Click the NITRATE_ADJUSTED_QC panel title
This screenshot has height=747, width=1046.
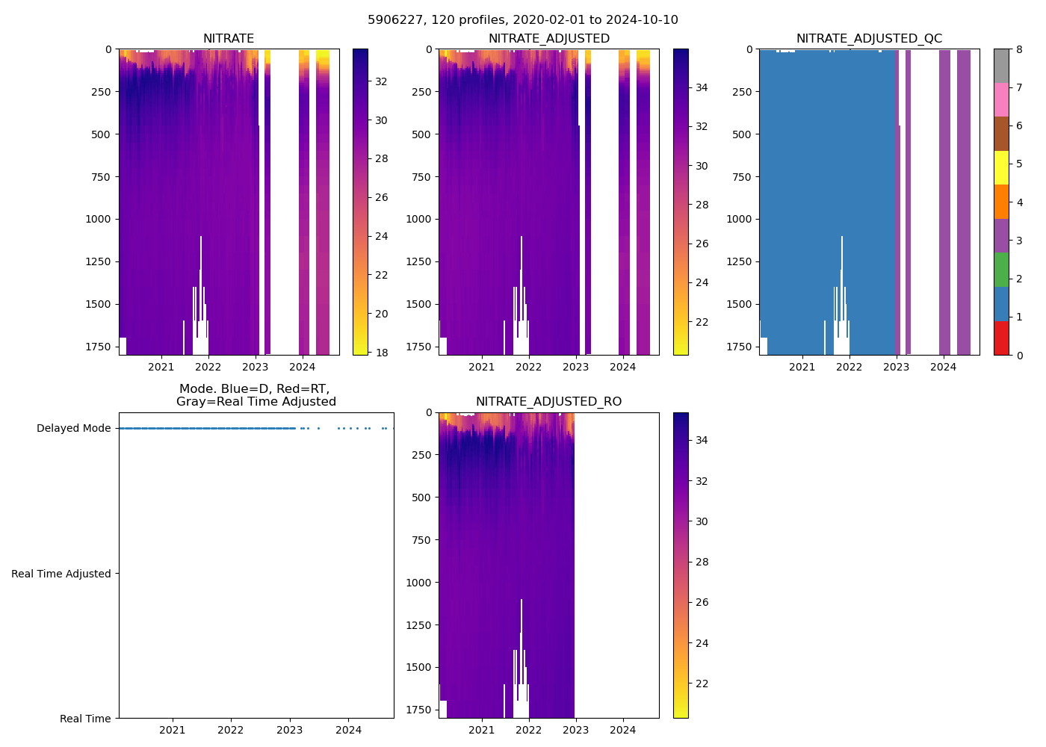coord(869,39)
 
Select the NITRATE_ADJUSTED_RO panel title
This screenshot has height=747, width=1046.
coord(548,402)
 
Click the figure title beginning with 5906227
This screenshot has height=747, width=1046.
coord(523,20)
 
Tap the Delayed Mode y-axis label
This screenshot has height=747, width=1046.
coord(73,428)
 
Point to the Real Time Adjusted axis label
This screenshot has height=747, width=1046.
coord(61,574)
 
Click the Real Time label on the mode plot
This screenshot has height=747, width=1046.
coord(85,719)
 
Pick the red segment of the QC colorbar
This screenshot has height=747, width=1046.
coord(1001,338)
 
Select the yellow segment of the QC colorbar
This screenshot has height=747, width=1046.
coord(1001,167)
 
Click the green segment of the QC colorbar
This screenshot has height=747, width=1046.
coord(1001,270)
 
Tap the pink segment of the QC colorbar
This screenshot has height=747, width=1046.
coord(1001,99)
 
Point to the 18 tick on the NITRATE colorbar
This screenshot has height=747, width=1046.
coord(381,353)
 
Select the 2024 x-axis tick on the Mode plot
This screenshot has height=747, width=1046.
coord(349,730)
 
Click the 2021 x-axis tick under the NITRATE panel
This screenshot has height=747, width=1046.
coord(161,367)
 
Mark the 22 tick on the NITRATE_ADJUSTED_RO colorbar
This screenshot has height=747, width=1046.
coord(702,684)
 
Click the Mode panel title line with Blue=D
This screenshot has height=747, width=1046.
coord(254,389)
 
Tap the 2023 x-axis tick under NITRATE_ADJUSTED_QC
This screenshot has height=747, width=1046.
coord(897,367)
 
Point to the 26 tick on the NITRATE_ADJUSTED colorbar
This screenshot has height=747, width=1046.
coord(702,244)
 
